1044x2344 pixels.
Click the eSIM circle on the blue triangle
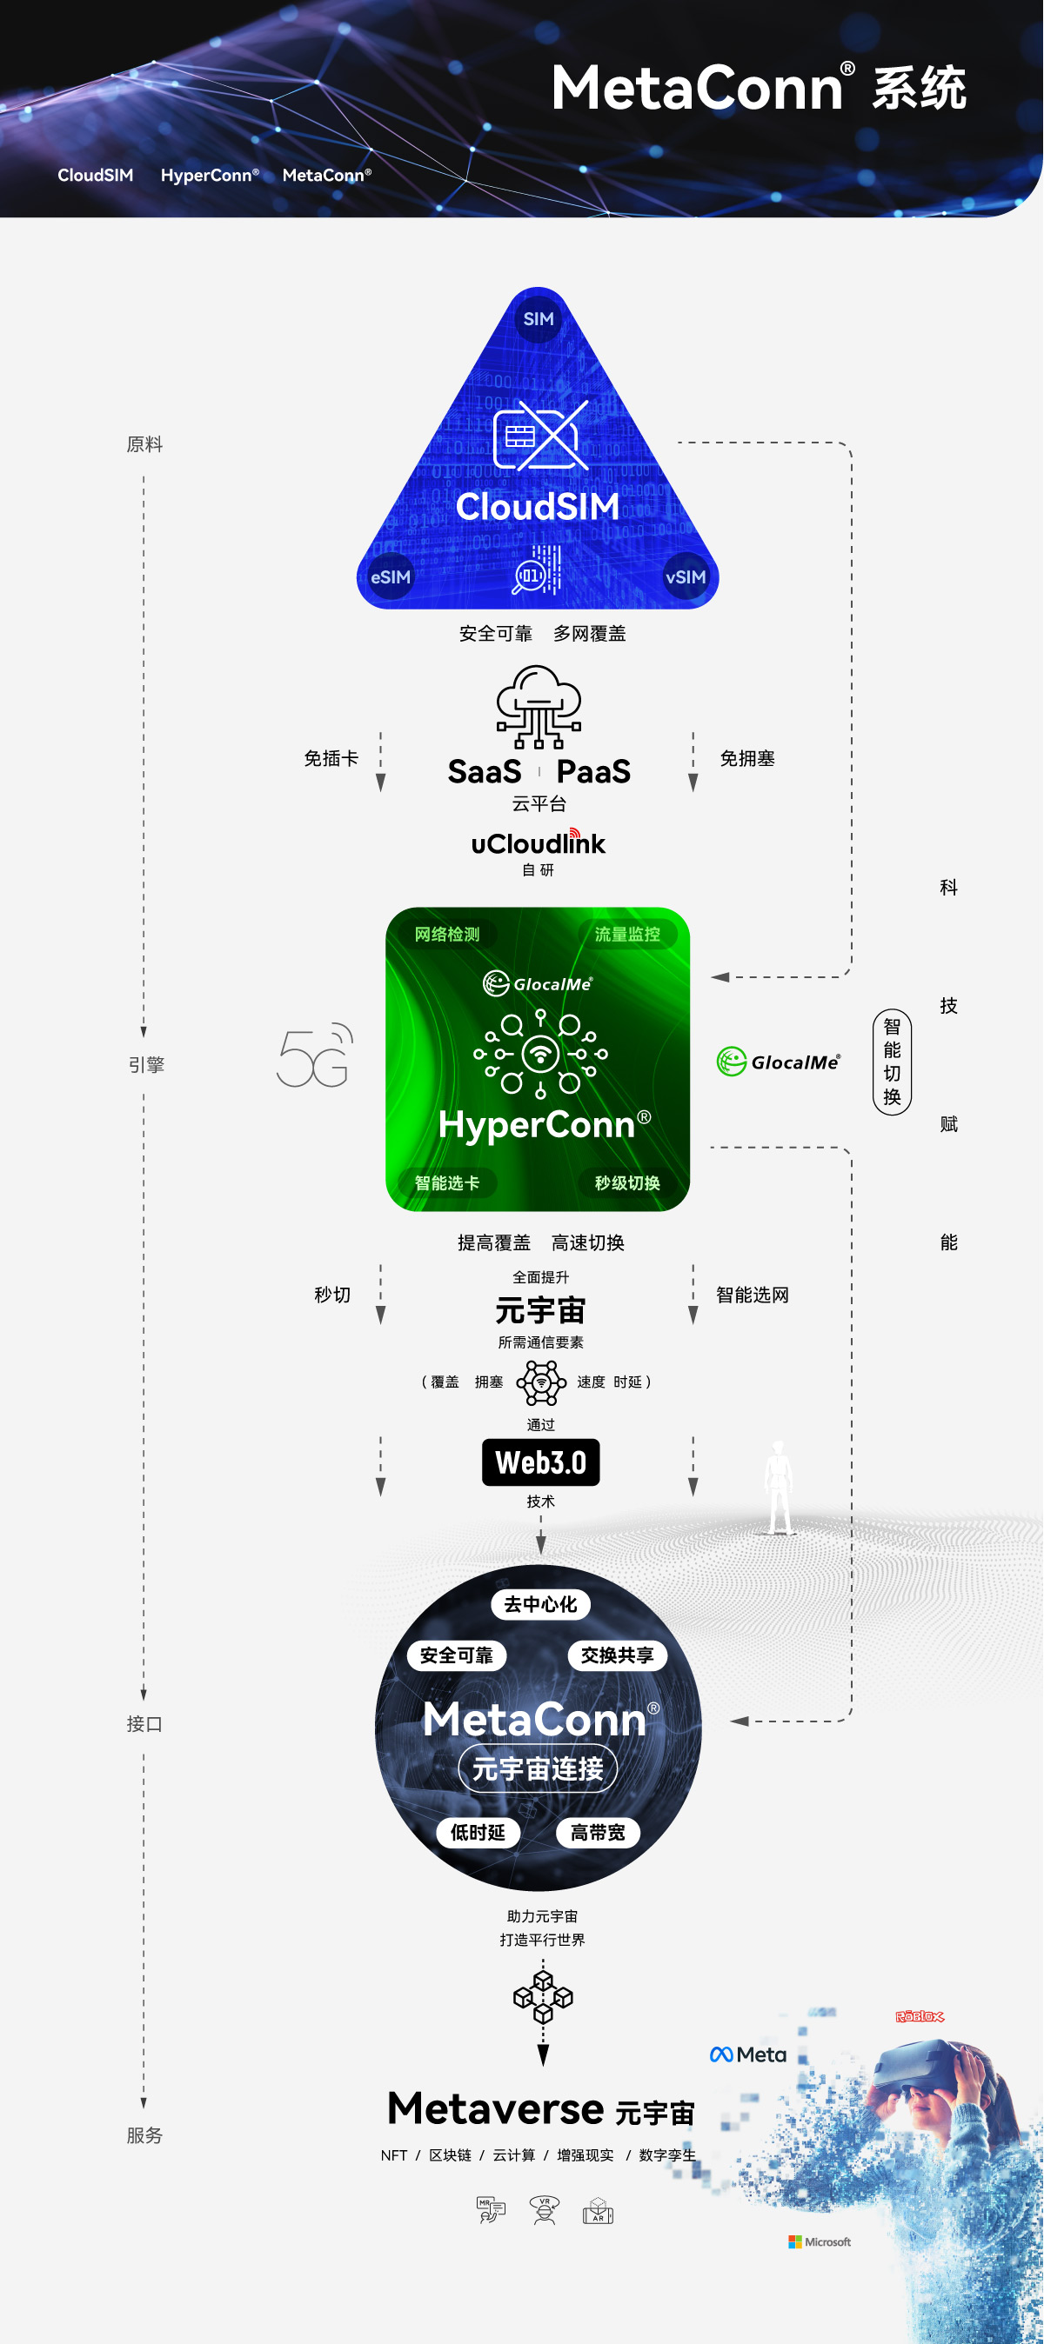(x=391, y=577)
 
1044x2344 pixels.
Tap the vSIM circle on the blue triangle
(x=686, y=577)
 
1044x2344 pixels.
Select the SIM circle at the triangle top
(x=538, y=319)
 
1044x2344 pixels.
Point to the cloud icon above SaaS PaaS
(x=539, y=706)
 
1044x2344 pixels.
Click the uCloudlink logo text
(x=538, y=843)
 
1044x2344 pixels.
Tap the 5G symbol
(x=315, y=1055)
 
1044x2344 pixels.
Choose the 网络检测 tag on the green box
(x=447, y=935)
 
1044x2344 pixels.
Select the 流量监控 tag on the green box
(x=627, y=935)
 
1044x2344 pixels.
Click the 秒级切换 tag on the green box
(x=627, y=1183)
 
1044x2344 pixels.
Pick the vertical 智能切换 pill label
(x=892, y=1062)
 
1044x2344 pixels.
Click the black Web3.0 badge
(x=540, y=1462)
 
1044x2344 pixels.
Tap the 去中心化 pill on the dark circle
(x=540, y=1604)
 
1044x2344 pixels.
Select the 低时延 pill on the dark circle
(x=478, y=1833)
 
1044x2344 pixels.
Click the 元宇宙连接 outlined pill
(x=538, y=1769)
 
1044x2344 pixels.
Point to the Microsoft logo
(x=820, y=2242)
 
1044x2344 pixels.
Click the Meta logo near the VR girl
(x=748, y=2054)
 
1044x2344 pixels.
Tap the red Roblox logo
(x=920, y=2016)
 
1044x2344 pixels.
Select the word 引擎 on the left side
(x=145, y=1065)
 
